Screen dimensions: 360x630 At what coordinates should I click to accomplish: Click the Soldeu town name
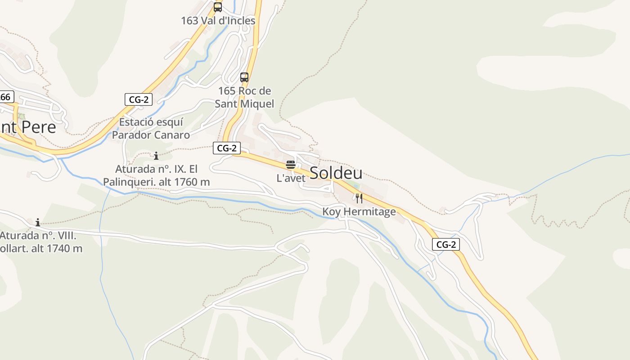336,173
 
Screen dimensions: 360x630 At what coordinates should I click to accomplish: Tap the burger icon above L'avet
290,165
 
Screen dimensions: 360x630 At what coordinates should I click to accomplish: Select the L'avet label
291,178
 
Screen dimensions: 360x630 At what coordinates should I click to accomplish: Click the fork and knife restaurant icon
359,198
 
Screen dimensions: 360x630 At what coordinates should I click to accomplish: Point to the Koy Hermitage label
359,211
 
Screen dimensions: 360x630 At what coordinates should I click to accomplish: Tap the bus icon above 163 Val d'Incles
218,7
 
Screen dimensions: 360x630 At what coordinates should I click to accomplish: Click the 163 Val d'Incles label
218,21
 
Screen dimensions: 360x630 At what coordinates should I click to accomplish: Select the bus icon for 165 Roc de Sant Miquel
244,77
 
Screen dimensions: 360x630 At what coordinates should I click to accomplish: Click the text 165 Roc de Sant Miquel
244,97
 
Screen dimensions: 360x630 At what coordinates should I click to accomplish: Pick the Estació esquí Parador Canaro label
151,128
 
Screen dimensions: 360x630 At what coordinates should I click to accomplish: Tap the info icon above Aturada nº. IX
156,156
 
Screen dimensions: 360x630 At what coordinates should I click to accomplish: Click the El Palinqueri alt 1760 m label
156,175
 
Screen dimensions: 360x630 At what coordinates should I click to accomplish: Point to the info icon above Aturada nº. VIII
38,222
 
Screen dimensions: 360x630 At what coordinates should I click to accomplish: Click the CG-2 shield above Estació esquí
139,99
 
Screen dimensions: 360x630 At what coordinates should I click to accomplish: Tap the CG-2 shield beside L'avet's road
226,148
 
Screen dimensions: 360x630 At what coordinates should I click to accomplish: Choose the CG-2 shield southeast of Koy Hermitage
446,244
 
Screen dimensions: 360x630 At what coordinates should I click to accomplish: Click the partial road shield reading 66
6,97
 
